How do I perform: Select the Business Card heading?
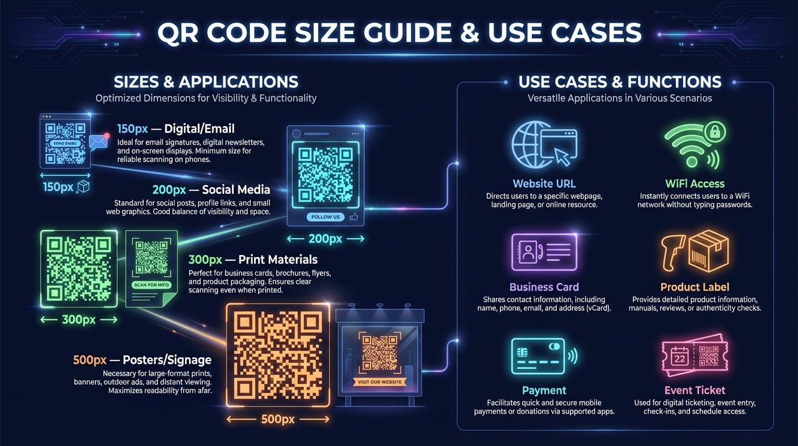pos(544,287)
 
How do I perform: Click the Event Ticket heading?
pos(695,390)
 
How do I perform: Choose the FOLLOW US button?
pos(325,217)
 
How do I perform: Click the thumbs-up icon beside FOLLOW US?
pos(354,217)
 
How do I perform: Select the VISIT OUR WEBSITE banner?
pos(380,382)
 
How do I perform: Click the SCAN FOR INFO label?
pos(151,285)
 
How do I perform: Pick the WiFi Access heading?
pos(695,184)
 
